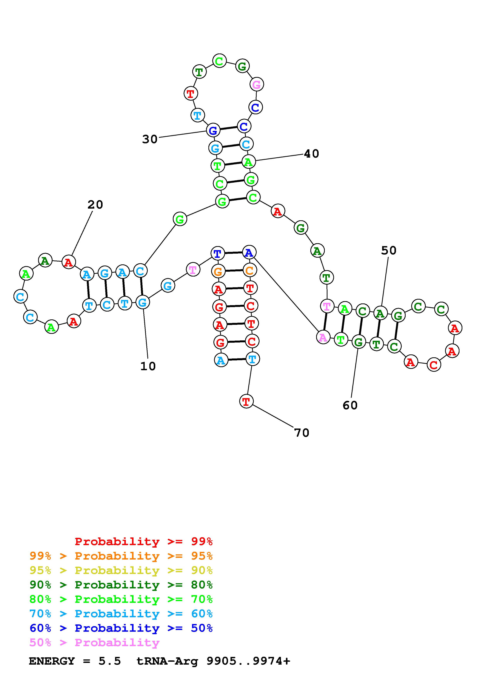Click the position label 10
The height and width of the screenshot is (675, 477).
pyautogui.click(x=148, y=366)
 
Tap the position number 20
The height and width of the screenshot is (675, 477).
pyautogui.click(x=95, y=205)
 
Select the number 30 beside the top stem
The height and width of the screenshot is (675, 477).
pyautogui.click(x=150, y=139)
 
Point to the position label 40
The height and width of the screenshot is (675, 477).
pyautogui.click(x=312, y=154)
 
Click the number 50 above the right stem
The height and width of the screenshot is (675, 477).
pyautogui.click(x=389, y=251)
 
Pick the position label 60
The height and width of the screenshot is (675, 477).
pyautogui.click(x=350, y=405)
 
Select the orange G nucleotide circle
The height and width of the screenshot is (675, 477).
pyautogui.click(x=218, y=272)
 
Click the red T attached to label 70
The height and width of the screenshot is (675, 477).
pyautogui.click(x=246, y=401)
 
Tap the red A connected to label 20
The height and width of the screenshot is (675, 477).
pyautogui.click(x=69, y=262)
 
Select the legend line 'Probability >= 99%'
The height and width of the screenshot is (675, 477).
pyautogui.click(x=144, y=541)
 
